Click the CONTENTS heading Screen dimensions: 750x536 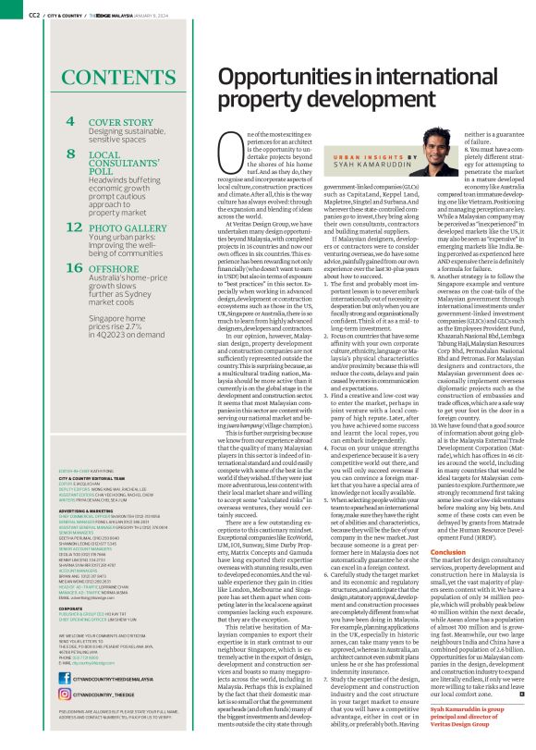(x=109, y=76)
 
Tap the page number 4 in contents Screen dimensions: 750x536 (x=70, y=121)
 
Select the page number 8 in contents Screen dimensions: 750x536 (x=70, y=154)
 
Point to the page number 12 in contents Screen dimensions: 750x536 (x=74, y=225)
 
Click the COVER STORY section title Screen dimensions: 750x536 (x=121, y=121)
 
